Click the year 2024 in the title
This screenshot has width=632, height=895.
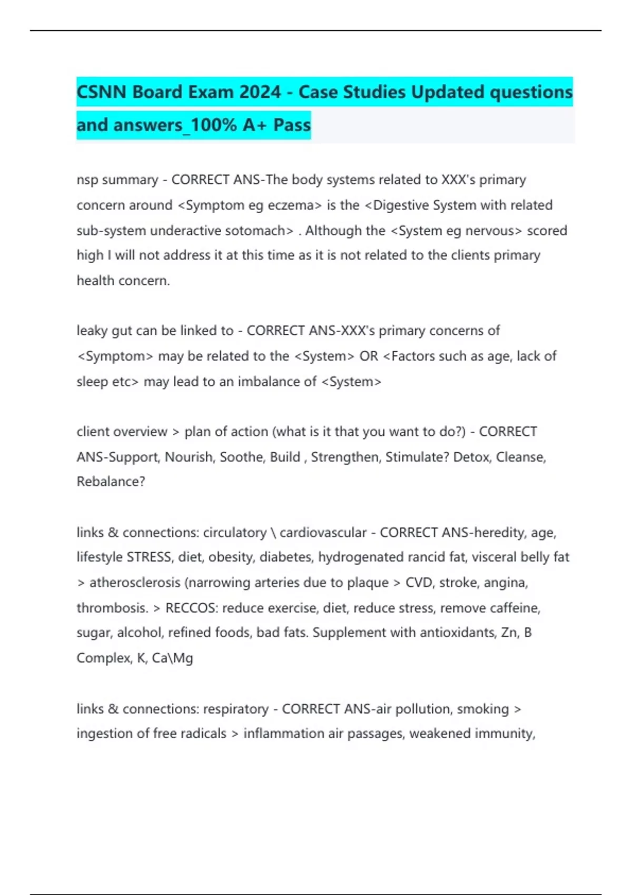pos(260,92)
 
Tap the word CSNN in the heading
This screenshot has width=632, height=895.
pos(102,92)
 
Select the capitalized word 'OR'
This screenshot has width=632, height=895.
pos(369,356)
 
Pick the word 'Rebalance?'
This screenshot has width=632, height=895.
pos(111,482)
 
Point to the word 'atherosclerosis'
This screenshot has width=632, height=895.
pos(134,583)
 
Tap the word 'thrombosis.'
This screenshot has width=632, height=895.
pos(112,608)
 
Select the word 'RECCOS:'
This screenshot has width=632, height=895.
pos(191,608)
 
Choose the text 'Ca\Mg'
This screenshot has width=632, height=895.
pos(172,658)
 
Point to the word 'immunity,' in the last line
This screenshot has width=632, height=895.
pos(509,733)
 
